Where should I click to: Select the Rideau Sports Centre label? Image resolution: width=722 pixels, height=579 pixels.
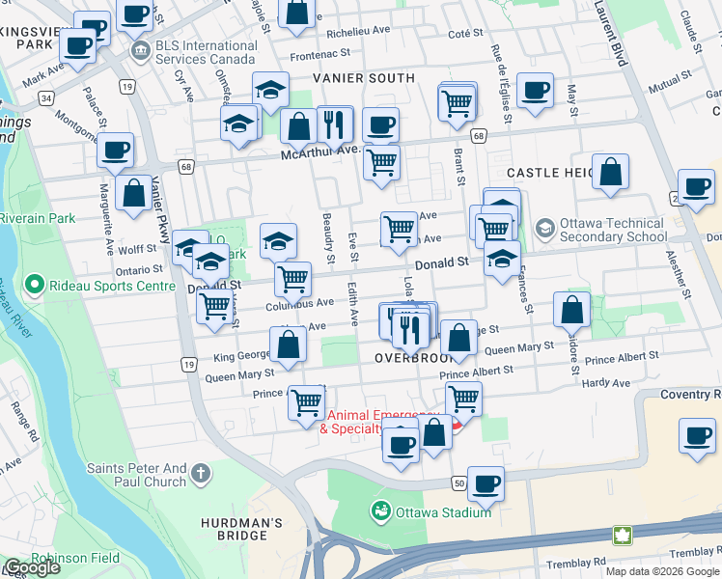[x=100, y=285]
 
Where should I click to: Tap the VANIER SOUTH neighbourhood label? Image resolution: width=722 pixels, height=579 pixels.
[x=363, y=78]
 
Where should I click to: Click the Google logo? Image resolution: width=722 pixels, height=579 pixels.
[x=31, y=566]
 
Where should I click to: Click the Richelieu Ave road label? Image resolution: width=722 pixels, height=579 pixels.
[x=357, y=30]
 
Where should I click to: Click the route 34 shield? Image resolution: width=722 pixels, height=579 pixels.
[x=45, y=98]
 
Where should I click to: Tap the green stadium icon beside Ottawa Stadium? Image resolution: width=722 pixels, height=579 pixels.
[x=380, y=509]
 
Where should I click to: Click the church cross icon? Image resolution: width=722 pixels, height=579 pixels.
[x=200, y=473]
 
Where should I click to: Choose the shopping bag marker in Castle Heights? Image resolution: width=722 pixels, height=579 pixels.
[x=611, y=174]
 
